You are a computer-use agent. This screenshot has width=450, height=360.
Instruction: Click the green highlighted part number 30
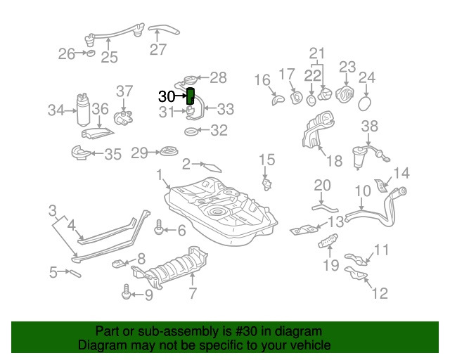click(x=190, y=96)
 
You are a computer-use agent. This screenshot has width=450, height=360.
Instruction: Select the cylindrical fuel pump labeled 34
click(x=82, y=110)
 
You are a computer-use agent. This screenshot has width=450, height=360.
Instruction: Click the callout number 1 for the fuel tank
click(x=160, y=174)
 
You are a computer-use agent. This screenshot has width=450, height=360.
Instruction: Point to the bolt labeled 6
click(x=159, y=229)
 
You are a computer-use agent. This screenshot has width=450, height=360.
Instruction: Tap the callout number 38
click(x=370, y=126)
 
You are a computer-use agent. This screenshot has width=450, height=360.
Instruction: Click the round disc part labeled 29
click(x=167, y=152)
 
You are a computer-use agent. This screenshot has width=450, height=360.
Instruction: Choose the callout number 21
click(x=318, y=53)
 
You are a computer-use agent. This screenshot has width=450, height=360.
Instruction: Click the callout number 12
click(x=379, y=293)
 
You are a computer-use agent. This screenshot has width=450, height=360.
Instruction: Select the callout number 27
click(x=158, y=49)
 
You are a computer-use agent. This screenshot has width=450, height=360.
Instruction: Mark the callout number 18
click(x=334, y=161)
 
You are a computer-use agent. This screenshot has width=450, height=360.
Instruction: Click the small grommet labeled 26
click(x=89, y=53)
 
